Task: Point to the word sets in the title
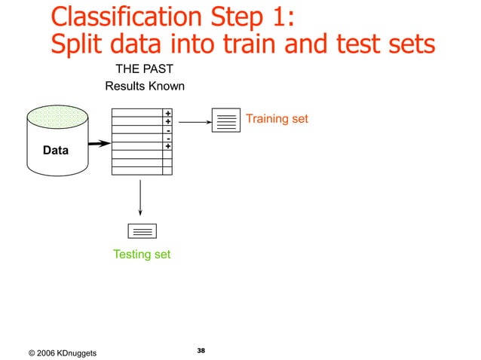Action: click(406, 44)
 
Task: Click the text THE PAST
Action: click(144, 69)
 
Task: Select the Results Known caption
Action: click(145, 86)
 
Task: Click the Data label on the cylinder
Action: click(56, 151)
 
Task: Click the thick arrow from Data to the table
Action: click(97, 143)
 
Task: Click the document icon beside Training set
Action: click(225, 121)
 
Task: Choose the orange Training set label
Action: click(277, 119)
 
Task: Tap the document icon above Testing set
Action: click(142, 231)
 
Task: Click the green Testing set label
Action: click(142, 255)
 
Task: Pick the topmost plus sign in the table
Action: click(167, 113)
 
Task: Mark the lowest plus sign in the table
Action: click(167, 146)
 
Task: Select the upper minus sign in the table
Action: click(167, 130)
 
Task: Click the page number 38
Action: click(201, 351)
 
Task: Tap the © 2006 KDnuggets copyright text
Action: click(62, 353)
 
